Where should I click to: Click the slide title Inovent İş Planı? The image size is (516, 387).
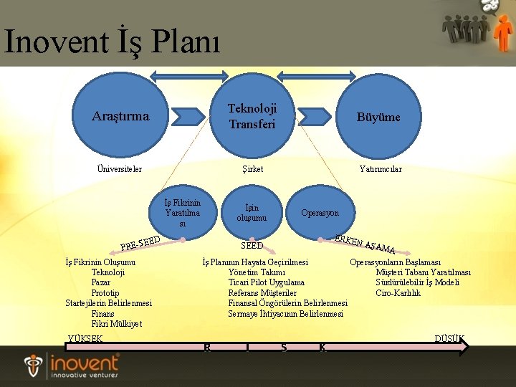click(x=113, y=41)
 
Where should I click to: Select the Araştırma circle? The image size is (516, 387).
click(x=120, y=116)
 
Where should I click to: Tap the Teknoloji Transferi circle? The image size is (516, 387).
click(x=252, y=116)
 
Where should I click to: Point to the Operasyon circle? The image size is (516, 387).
click(x=320, y=213)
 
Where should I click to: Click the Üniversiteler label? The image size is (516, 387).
click(x=120, y=169)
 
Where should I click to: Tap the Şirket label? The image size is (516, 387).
click(x=252, y=169)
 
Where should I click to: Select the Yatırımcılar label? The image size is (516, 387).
click(x=380, y=169)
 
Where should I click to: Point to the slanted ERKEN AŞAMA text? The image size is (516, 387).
click(x=365, y=244)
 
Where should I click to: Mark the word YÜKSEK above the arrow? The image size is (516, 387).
click(x=85, y=338)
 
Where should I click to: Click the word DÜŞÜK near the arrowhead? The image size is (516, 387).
click(x=450, y=338)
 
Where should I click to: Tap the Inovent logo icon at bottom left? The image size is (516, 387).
click(x=34, y=365)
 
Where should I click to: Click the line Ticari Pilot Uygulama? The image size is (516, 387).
click(x=266, y=282)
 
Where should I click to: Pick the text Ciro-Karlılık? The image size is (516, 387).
click(x=398, y=292)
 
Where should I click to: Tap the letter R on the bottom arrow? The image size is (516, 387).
click(x=207, y=348)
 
